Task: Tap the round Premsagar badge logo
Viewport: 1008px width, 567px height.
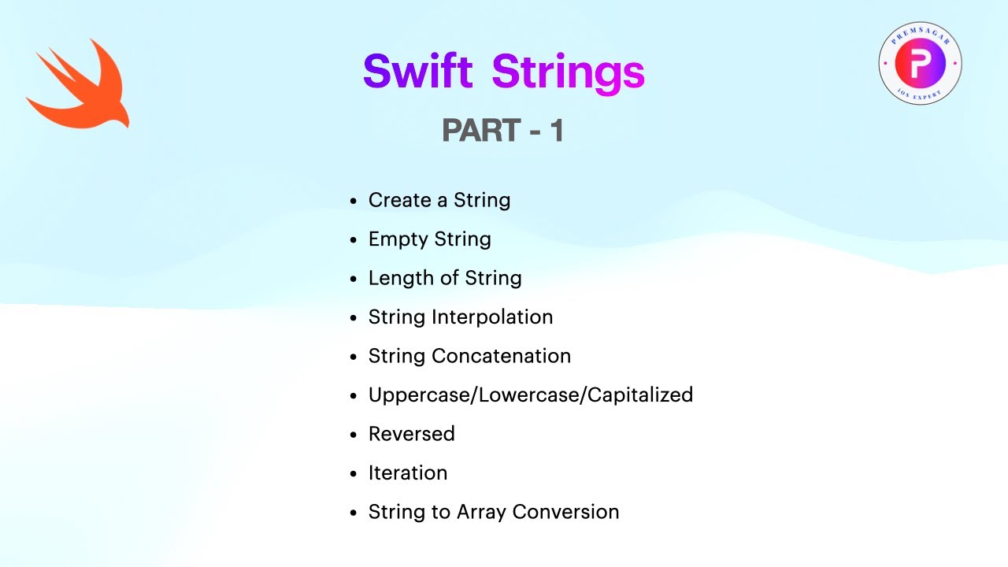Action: click(920, 64)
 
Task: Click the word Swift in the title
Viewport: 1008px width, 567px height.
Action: click(417, 72)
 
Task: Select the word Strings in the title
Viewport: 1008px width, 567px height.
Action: click(568, 72)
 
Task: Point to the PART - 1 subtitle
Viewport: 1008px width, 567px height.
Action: click(502, 131)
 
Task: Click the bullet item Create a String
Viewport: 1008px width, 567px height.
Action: click(439, 200)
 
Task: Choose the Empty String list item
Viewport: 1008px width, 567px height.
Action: click(429, 239)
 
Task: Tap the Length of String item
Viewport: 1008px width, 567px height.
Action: click(444, 278)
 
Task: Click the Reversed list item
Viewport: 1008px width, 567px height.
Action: click(411, 434)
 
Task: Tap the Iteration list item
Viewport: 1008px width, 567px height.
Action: click(407, 472)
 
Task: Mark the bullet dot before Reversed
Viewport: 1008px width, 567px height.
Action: click(354, 435)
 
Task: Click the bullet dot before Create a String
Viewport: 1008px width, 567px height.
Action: click(354, 202)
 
